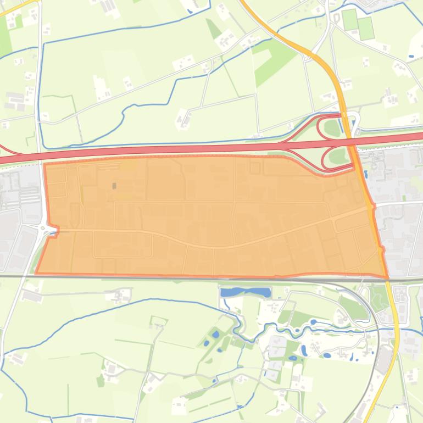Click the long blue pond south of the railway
point(246,292)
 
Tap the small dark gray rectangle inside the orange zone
point(114,186)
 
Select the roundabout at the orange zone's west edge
point(43,226)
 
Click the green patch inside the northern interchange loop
point(332,128)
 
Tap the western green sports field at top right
point(349,20)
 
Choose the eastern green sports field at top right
point(365,29)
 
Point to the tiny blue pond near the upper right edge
point(411,56)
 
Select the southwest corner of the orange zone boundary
point(36,272)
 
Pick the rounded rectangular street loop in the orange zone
point(123,244)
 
